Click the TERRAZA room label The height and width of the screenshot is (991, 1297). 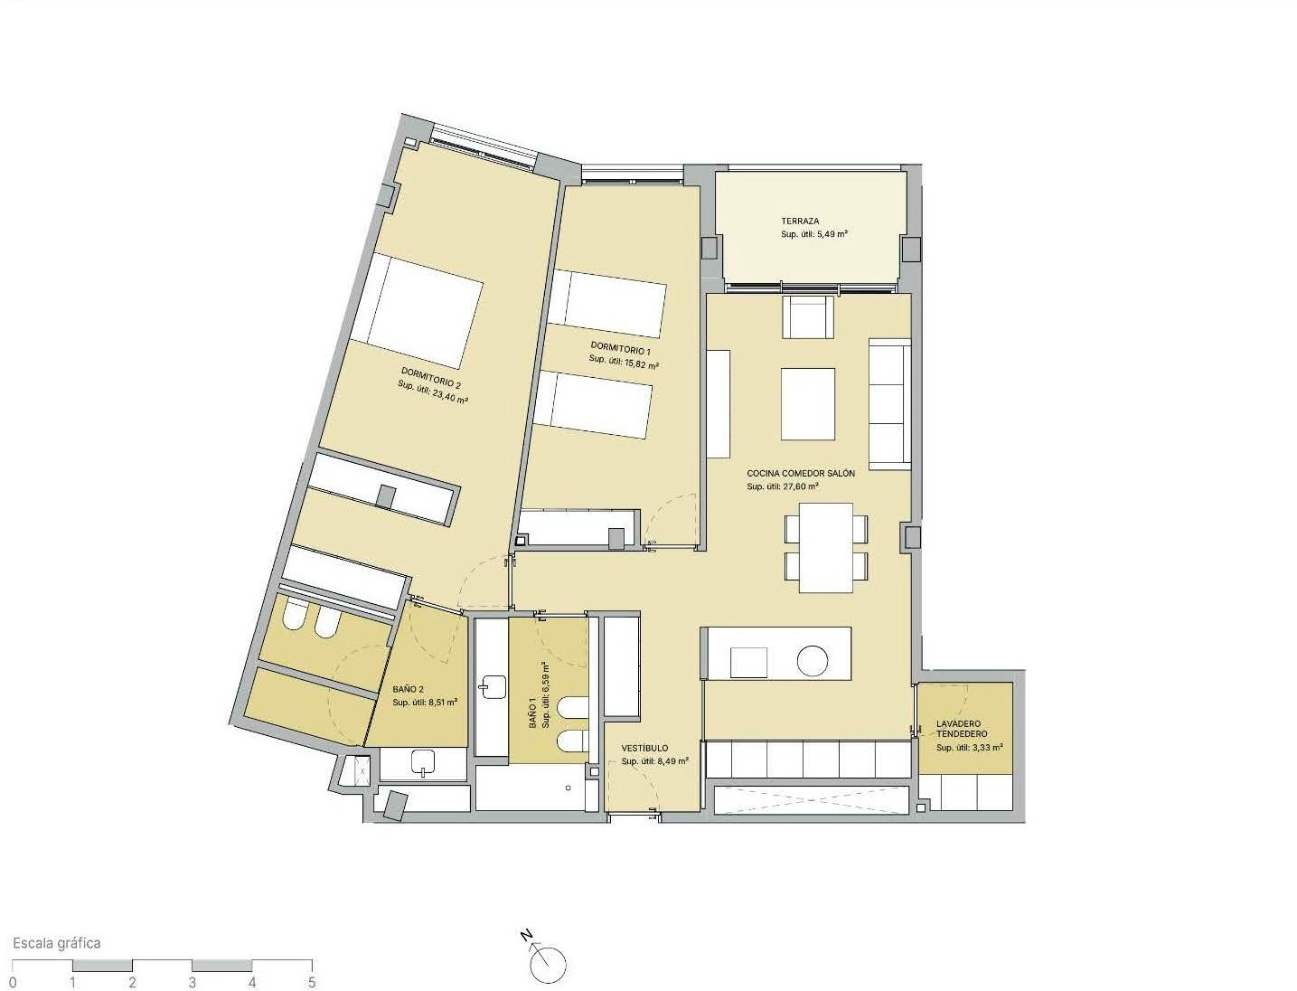(800, 221)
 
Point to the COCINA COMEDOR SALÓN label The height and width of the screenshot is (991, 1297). (801, 473)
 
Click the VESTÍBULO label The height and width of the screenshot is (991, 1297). (644, 748)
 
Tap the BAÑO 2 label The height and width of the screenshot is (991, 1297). (409, 689)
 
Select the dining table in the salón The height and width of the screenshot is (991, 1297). (826, 547)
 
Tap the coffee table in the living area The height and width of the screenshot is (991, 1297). (808, 404)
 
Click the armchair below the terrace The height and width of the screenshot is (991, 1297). (808, 316)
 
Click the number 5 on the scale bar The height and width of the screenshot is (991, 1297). (312, 984)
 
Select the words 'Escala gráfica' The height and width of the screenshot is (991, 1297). (57, 943)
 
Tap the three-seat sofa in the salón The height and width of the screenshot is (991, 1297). (889, 403)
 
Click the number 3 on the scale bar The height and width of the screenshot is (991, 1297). (192, 984)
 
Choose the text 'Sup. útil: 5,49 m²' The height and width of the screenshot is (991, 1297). (814, 234)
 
